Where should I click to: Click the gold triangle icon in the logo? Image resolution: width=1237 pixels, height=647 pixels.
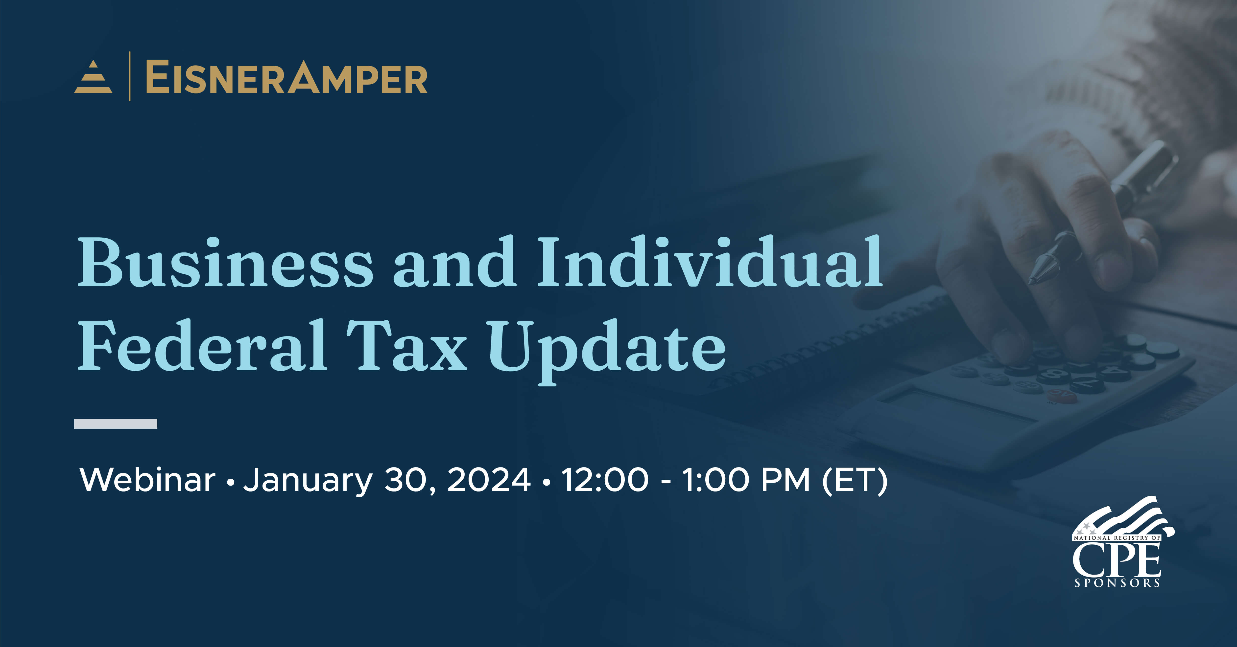(x=93, y=77)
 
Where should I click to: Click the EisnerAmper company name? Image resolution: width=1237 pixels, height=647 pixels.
(x=286, y=78)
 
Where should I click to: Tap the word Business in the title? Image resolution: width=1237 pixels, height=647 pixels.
(x=225, y=263)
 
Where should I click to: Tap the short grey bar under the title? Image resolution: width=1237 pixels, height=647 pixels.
(x=116, y=424)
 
